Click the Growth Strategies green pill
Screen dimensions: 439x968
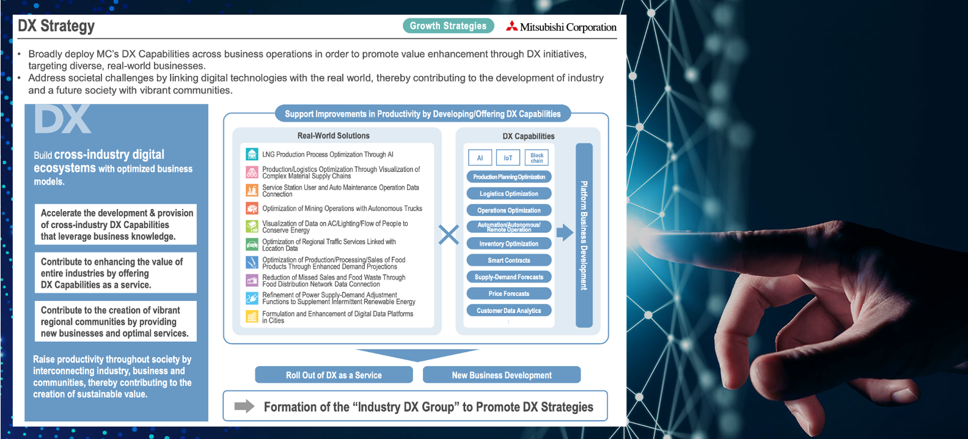pyautogui.click(x=448, y=26)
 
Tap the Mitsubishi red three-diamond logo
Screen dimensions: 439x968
pyautogui.click(x=512, y=26)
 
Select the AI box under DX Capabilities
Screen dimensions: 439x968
pyautogui.click(x=480, y=158)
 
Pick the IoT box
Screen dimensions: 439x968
pyautogui.click(x=508, y=158)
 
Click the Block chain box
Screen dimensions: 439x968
pyautogui.click(x=537, y=158)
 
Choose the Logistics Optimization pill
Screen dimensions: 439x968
pyautogui.click(x=508, y=194)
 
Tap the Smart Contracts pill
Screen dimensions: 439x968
pyautogui.click(x=508, y=260)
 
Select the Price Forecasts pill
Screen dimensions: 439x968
pyautogui.click(x=508, y=293)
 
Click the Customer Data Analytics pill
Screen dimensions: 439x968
pyautogui.click(x=508, y=311)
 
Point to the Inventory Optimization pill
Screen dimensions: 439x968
pyautogui.click(x=508, y=244)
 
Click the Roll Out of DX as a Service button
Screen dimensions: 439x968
pyautogui.click(x=334, y=375)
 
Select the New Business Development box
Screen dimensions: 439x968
pyautogui.click(x=501, y=375)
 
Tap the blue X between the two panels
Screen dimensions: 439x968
pyautogui.click(x=449, y=234)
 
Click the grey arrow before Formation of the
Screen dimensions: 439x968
pyautogui.click(x=244, y=406)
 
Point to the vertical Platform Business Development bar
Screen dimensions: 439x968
pyautogui.click(x=584, y=235)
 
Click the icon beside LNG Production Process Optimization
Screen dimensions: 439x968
pyautogui.click(x=252, y=154)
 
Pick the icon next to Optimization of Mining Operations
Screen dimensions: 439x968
pyautogui.click(x=252, y=208)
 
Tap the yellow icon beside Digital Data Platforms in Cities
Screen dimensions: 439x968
pyautogui.click(x=252, y=317)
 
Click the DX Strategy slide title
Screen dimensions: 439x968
pyautogui.click(x=56, y=26)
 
